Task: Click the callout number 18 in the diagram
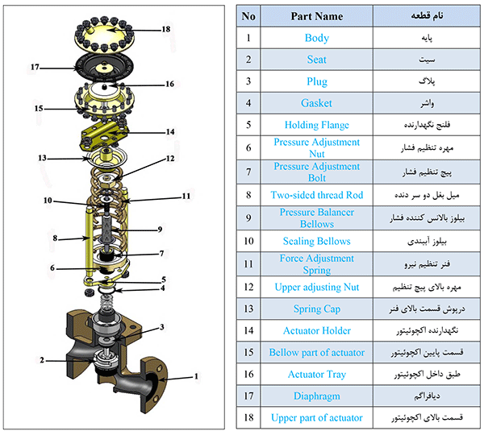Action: (x=165, y=29)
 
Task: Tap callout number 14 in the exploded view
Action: (x=170, y=131)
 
